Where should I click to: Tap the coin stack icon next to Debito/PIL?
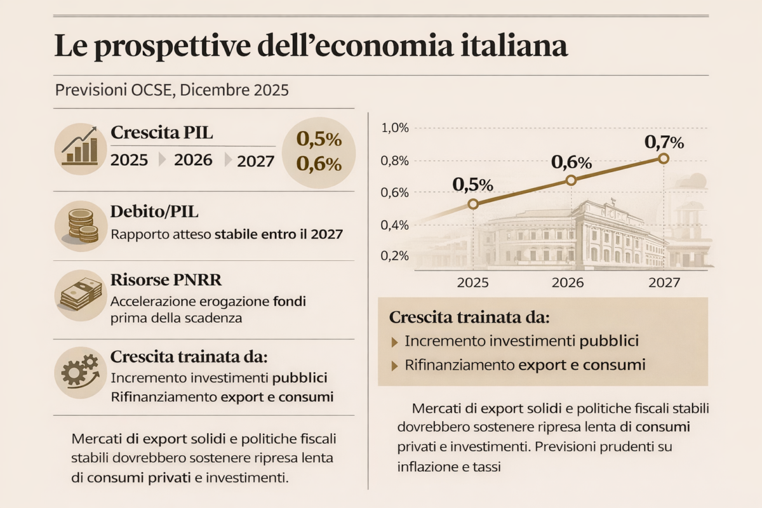click(x=80, y=226)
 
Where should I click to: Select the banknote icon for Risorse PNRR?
click(x=80, y=294)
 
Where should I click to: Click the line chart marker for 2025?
click(x=472, y=204)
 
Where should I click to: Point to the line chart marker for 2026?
click(x=570, y=180)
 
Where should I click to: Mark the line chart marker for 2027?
click(x=664, y=159)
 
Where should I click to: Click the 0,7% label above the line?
click(x=664, y=141)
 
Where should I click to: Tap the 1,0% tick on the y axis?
click(x=395, y=128)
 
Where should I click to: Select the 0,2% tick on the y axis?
click(x=395, y=255)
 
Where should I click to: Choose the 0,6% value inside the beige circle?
click(x=319, y=164)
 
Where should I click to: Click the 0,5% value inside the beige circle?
click(x=319, y=139)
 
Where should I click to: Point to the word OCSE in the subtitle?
click(x=152, y=90)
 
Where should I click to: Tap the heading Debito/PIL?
click(x=149, y=211)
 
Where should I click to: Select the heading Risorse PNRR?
click(x=158, y=279)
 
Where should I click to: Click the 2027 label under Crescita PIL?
click(x=255, y=161)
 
